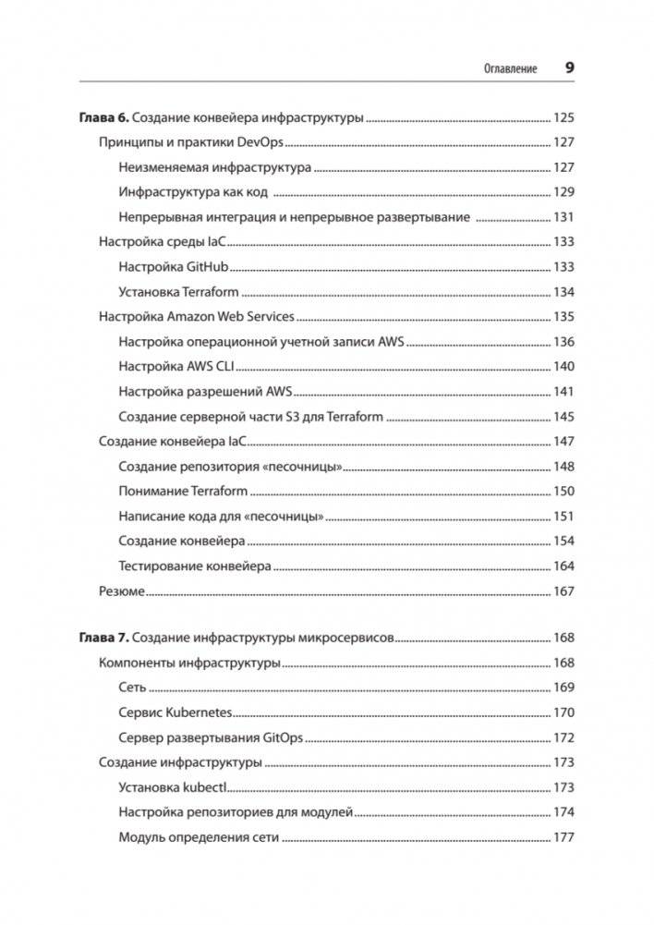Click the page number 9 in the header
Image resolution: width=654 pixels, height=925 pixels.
pos(569,68)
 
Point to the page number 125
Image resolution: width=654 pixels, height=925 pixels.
pos(563,117)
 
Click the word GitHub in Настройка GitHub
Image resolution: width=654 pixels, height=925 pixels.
pos(208,267)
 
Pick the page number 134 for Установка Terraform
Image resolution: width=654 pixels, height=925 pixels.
pos(563,292)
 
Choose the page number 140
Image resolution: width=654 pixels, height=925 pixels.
pos(563,367)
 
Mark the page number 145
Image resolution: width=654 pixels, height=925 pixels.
pos(563,417)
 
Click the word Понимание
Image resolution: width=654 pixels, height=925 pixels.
pos(153,492)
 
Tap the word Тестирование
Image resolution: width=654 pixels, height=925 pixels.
pos(163,566)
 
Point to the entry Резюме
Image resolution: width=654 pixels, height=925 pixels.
pos(121,591)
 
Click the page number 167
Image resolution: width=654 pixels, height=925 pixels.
pos(563,591)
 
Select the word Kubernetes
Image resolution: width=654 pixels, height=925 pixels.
pos(199,712)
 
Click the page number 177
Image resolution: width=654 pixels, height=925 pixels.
pos(563,837)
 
